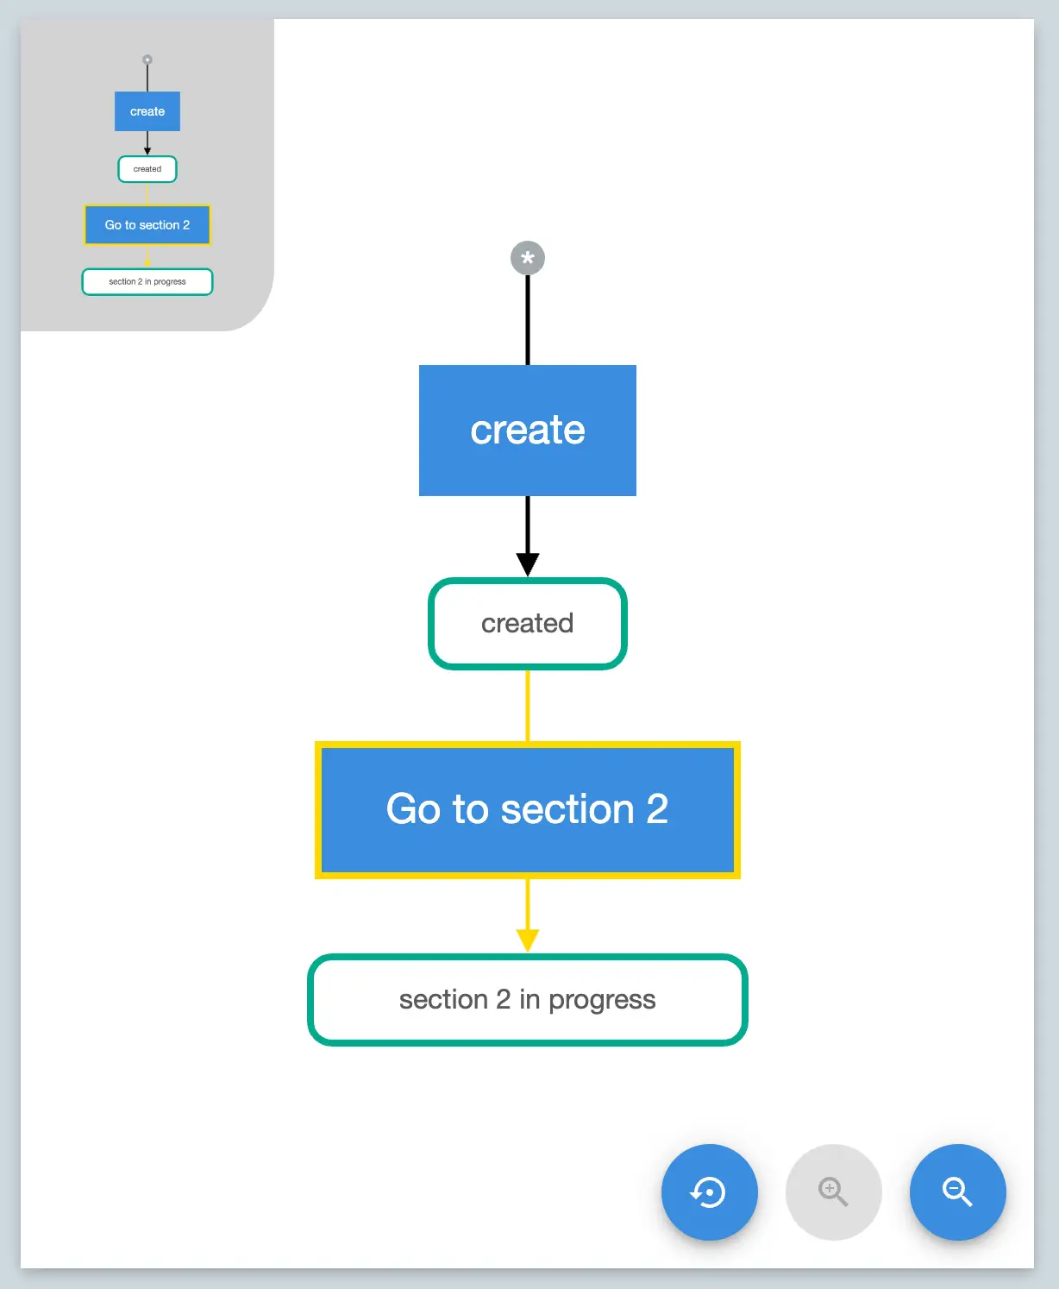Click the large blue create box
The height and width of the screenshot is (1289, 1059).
pos(527,431)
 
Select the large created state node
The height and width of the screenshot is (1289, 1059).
pos(527,623)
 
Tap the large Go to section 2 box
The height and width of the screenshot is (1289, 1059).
pos(527,809)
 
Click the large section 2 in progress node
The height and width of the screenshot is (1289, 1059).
pos(527,999)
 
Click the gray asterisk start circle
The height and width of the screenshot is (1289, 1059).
pos(528,258)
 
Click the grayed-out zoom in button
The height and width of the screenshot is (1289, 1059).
pos(833,1192)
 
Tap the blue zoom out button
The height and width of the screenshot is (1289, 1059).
pos(957,1192)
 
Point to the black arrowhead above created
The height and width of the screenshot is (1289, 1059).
pos(528,564)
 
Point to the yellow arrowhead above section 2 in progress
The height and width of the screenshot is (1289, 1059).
pos(528,940)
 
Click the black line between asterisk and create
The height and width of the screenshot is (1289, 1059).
pos(528,319)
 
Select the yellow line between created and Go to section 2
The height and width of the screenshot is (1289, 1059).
pos(528,705)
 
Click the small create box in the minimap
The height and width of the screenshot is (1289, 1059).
pos(147,111)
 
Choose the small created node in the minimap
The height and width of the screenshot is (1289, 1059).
pos(147,169)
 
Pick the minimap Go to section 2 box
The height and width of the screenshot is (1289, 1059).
pos(147,225)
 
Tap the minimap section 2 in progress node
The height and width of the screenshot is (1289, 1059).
pos(147,282)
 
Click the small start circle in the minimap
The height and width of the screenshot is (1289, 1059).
pos(147,60)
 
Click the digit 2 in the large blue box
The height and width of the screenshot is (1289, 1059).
pos(657,809)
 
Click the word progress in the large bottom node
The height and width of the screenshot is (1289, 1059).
pos(602,1000)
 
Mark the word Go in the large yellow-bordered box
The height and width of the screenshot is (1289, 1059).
pos(413,809)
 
